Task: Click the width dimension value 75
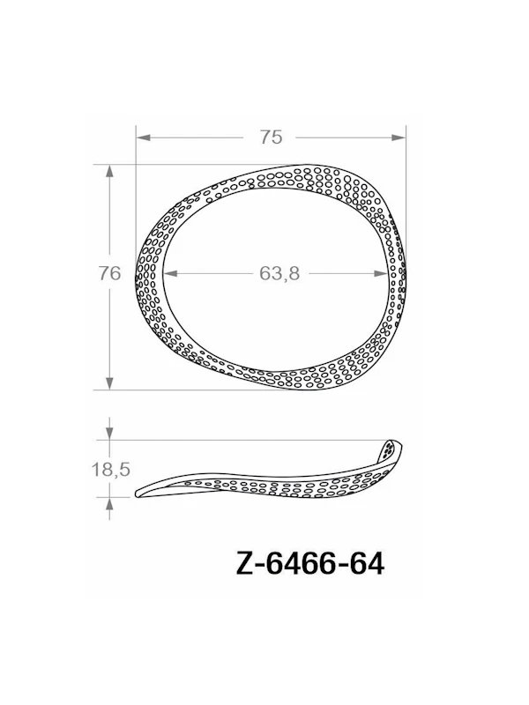(271, 137)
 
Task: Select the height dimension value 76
(109, 274)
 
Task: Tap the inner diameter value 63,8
(279, 273)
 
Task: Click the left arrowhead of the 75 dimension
(141, 137)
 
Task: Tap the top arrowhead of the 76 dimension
(109, 171)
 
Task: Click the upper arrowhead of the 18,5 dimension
(109, 433)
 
